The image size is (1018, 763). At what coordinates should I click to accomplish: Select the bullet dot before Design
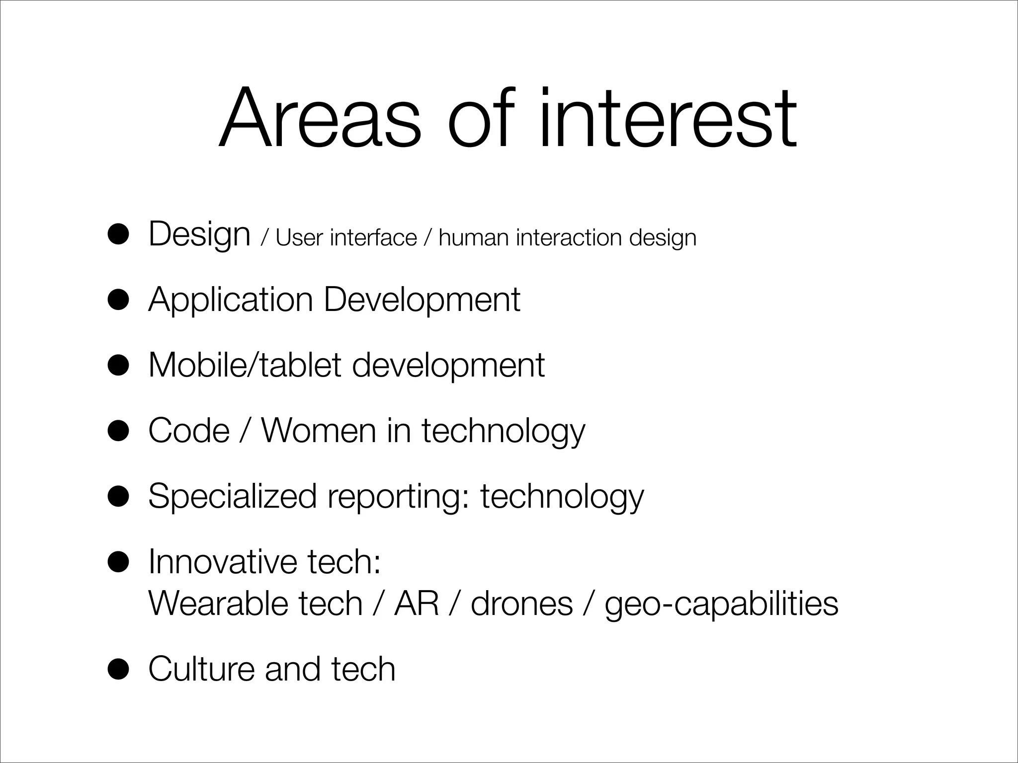[119, 235]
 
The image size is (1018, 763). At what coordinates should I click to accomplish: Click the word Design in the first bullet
[199, 234]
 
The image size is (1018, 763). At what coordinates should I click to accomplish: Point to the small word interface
[373, 238]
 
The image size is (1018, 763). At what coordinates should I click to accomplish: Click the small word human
[474, 238]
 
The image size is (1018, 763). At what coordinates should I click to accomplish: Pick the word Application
[231, 301]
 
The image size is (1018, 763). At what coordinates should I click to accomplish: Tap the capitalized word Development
[422, 301]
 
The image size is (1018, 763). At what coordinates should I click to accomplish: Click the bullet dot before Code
[119, 431]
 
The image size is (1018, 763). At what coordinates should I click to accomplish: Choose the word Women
[319, 430]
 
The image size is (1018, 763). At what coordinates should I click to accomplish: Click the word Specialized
[232, 496]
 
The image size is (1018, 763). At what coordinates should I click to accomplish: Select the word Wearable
[218, 604]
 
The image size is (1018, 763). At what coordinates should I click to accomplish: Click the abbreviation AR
[417, 604]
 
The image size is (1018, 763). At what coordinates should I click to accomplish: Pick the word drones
[521, 604]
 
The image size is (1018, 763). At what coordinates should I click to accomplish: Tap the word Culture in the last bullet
[201, 669]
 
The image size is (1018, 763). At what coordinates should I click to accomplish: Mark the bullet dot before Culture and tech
[119, 670]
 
